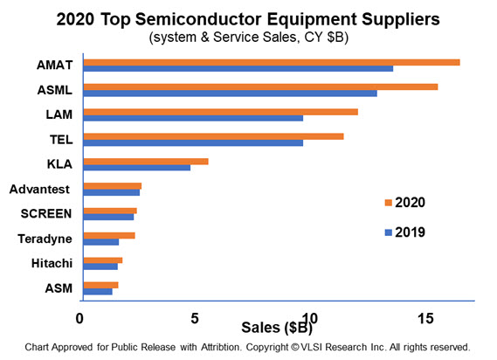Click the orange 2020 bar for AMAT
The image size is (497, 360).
click(x=271, y=62)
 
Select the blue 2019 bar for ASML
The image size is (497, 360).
click(x=230, y=93)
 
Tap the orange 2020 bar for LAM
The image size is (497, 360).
click(x=220, y=111)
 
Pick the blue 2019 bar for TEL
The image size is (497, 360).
click(x=192, y=142)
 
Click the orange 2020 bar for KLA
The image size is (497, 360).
click(x=145, y=161)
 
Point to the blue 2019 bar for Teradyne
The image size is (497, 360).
click(x=100, y=242)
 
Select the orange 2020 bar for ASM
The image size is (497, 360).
click(x=100, y=285)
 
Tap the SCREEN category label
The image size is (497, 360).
click(x=46, y=213)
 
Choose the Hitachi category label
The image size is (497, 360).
click(x=53, y=263)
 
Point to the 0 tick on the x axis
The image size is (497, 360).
click(x=81, y=319)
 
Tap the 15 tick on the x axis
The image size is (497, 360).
click(x=426, y=319)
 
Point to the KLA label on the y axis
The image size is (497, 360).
click(x=59, y=164)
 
